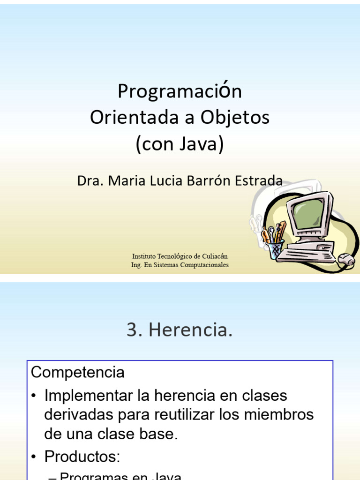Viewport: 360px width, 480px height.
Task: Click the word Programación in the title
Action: point(180,91)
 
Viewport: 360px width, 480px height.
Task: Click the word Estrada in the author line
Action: point(259,180)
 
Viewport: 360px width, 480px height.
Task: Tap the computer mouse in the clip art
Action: point(346,259)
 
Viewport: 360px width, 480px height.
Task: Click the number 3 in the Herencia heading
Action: point(131,330)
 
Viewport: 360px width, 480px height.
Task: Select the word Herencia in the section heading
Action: point(190,330)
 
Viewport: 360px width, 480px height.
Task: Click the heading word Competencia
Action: point(78,373)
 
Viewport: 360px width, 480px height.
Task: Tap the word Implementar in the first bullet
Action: point(84,396)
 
